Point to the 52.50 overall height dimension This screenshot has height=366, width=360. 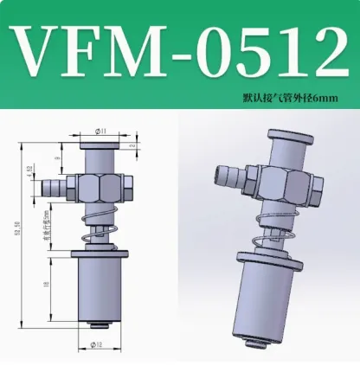tap(16, 233)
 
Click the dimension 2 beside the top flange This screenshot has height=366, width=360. tap(129, 148)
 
